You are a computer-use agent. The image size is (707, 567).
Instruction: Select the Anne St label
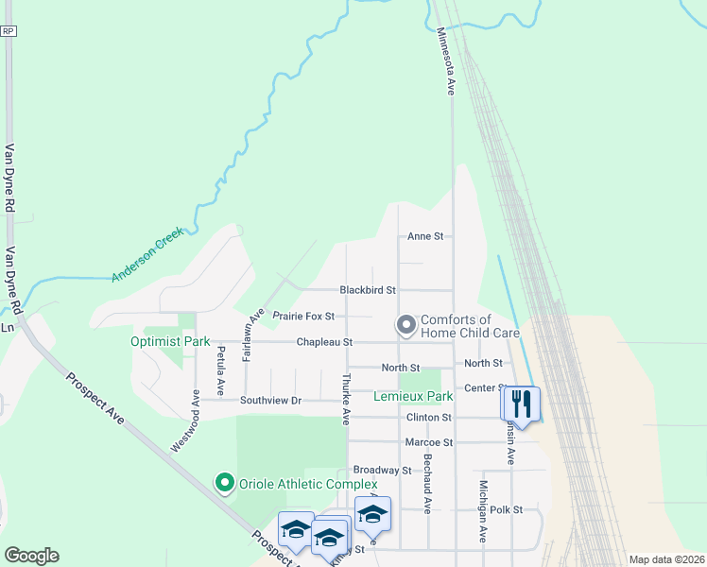point(425,237)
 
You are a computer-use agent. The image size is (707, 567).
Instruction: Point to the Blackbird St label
point(368,290)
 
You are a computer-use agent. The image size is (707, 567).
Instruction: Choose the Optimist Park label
point(170,341)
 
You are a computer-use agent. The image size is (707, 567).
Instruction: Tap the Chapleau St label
point(324,342)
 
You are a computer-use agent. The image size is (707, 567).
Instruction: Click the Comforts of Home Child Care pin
point(406,326)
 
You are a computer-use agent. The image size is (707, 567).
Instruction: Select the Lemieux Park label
point(413,397)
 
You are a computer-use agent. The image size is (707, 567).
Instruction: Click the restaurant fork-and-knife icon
point(521,404)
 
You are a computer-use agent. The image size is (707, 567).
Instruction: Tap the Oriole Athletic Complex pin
point(224,484)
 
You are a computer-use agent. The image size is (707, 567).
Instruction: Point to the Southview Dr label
point(270,401)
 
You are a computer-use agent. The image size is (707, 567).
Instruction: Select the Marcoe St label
point(429,441)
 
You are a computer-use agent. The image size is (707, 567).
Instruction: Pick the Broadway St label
point(382,470)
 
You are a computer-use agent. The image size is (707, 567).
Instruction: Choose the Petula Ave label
point(220,371)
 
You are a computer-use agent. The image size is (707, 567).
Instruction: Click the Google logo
point(31,556)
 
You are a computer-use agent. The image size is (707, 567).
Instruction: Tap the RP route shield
point(9,31)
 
